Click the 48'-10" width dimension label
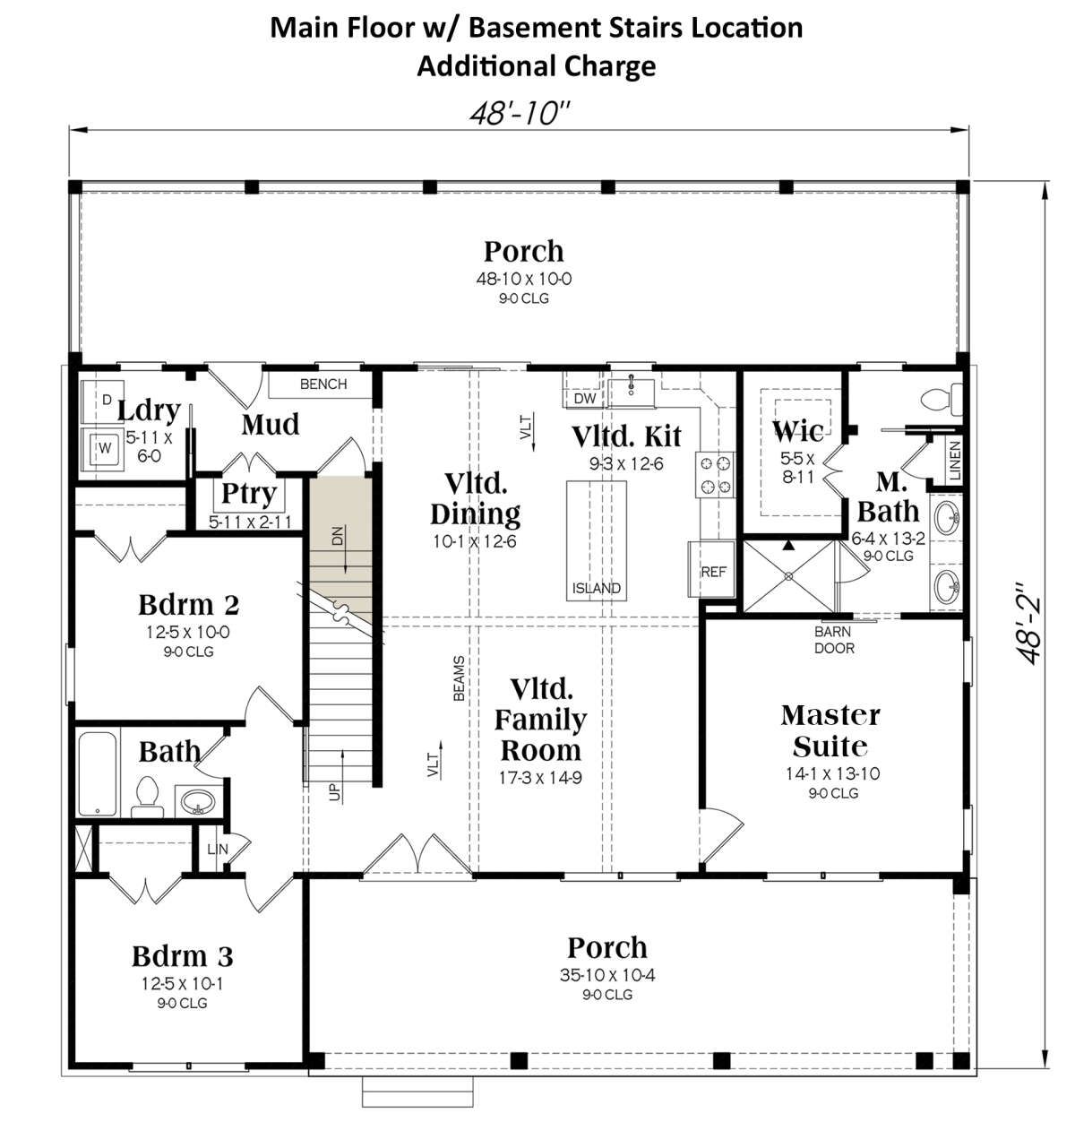[519, 114]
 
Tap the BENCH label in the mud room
[323, 384]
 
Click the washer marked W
[101, 450]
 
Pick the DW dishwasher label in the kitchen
[584, 399]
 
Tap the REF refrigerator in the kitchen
[712, 570]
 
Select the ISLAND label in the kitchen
[596, 588]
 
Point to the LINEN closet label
[955, 460]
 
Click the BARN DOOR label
[833, 640]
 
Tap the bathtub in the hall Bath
[98, 773]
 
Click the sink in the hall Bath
[198, 801]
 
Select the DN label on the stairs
[337, 535]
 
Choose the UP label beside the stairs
[334, 792]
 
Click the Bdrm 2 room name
[188, 605]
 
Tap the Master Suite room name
[830, 731]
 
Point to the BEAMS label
[459, 678]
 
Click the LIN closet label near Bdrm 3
[218, 850]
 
